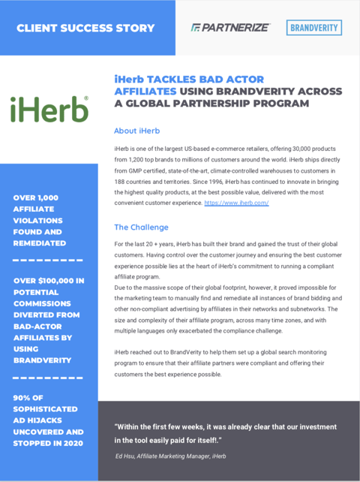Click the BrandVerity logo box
coord(314,28)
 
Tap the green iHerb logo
coord(49,109)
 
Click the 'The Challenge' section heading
coord(141,227)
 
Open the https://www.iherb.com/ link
coord(237,203)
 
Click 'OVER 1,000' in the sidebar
coord(36,197)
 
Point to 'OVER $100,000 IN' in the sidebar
coord(49,281)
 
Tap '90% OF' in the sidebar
coord(31,397)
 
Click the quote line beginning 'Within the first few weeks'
coord(225,426)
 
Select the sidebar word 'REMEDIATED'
coord(39,243)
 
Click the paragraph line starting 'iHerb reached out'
coord(225,352)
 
